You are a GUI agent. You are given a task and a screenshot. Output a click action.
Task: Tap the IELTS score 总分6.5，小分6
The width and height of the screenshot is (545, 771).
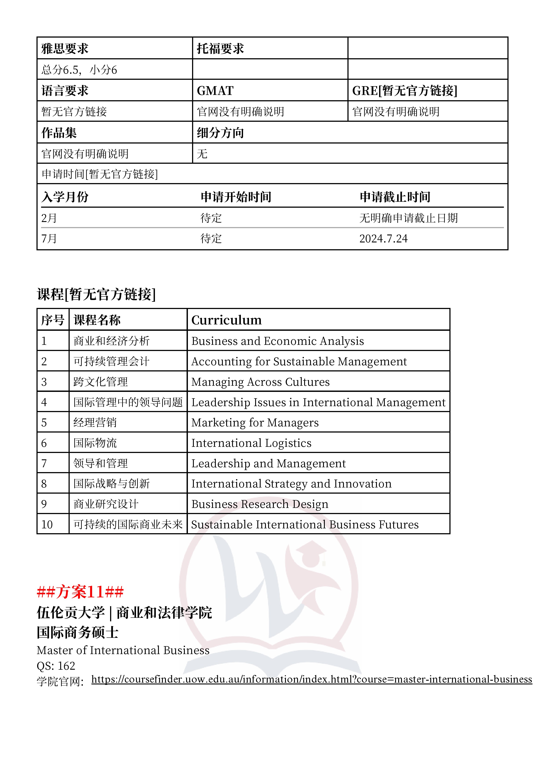[79, 70]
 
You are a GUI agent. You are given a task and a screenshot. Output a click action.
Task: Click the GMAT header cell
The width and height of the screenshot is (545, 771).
[215, 91]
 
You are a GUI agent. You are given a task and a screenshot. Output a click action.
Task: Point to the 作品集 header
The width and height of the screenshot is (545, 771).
[59, 133]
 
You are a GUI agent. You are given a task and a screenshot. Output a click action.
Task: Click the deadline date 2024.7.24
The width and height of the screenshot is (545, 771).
[383, 239]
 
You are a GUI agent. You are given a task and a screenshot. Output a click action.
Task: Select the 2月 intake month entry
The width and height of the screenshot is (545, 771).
[49, 218]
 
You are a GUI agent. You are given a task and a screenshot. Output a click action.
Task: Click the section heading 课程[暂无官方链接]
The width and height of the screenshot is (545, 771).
[96, 294]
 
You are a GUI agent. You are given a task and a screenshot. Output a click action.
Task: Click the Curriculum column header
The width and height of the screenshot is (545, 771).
[227, 320]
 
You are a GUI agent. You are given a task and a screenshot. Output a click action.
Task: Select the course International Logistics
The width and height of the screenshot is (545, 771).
[251, 443]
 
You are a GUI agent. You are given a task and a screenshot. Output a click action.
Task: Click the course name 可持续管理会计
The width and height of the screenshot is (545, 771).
[111, 361]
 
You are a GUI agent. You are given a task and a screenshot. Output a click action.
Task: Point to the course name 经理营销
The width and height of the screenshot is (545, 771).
[95, 422]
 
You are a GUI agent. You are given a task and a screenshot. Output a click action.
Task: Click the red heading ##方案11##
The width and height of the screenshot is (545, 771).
[80, 592]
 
